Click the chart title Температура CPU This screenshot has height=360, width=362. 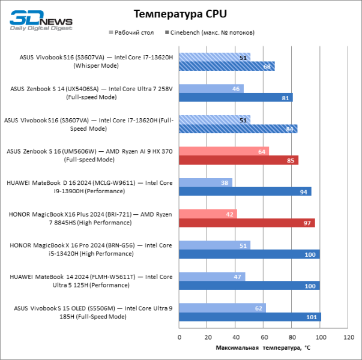pos(181,14)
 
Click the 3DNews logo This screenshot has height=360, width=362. pos(41,19)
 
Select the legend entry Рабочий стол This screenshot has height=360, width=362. pos(131,32)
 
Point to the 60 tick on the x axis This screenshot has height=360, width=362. pos(264,337)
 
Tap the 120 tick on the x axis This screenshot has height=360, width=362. pos(349,337)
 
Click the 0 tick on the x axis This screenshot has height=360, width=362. pos(179,337)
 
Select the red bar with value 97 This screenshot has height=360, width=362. pos(247,223)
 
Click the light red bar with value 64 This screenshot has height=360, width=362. pos(224,151)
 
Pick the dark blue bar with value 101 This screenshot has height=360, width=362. pos(250,317)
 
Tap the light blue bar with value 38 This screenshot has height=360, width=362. pos(205,182)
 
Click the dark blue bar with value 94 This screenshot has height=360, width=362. pos(245,191)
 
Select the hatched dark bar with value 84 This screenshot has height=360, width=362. pos(238,129)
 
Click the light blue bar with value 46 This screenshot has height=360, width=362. pos(211,89)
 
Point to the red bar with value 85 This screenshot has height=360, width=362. pos(238,160)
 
